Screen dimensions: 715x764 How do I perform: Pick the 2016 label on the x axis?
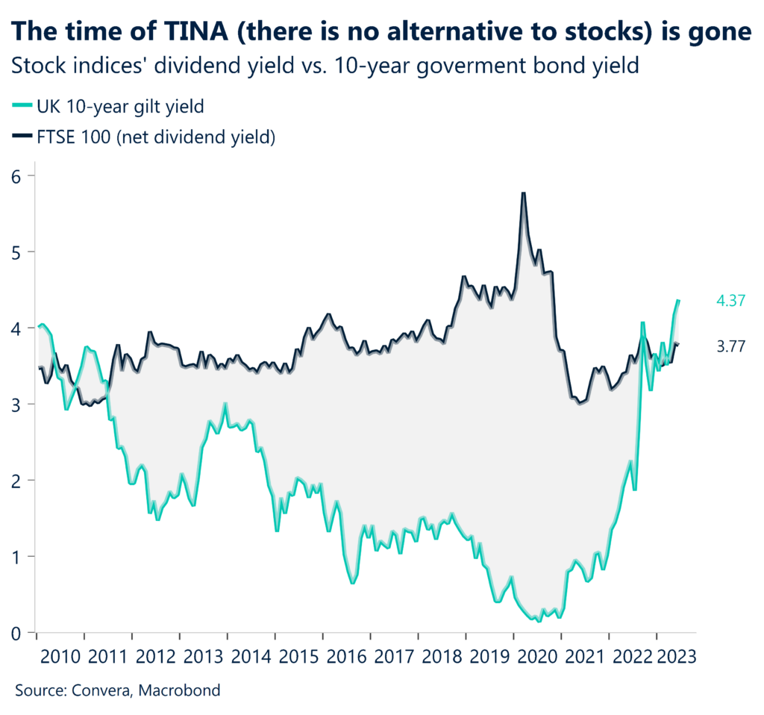346,656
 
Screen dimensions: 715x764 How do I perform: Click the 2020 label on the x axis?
537,656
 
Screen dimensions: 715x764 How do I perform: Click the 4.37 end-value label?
732,300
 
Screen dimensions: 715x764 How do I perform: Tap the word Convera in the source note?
100,690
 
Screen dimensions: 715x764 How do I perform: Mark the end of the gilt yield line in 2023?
679,300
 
